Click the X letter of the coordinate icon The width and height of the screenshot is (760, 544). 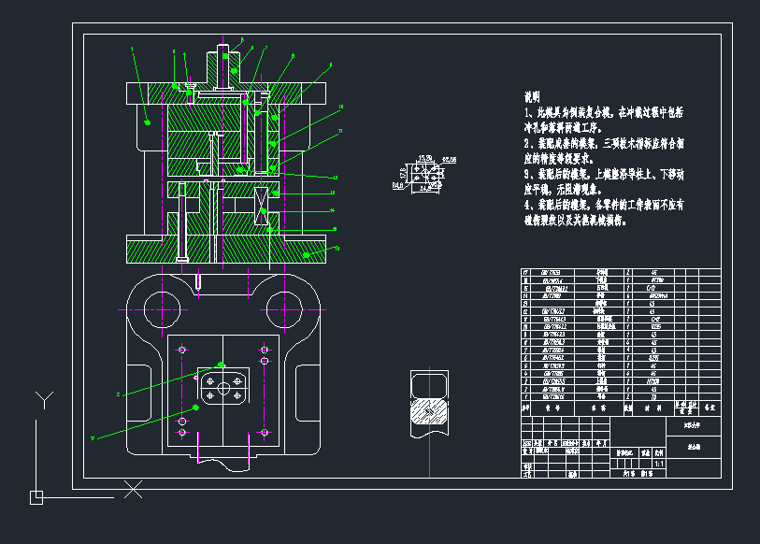pyautogui.click(x=134, y=488)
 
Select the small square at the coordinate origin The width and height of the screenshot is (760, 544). pyautogui.click(x=36, y=497)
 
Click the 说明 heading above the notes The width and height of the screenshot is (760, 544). pyautogui.click(x=532, y=97)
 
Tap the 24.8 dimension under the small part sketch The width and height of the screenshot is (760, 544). pyautogui.click(x=429, y=188)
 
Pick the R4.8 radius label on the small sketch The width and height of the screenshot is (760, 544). pyautogui.click(x=398, y=185)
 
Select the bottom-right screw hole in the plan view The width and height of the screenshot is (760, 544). pyautogui.click(x=265, y=433)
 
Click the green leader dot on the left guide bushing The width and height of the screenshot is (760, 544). pyautogui.click(x=148, y=121)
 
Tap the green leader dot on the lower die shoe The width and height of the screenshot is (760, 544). pyautogui.click(x=308, y=251)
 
